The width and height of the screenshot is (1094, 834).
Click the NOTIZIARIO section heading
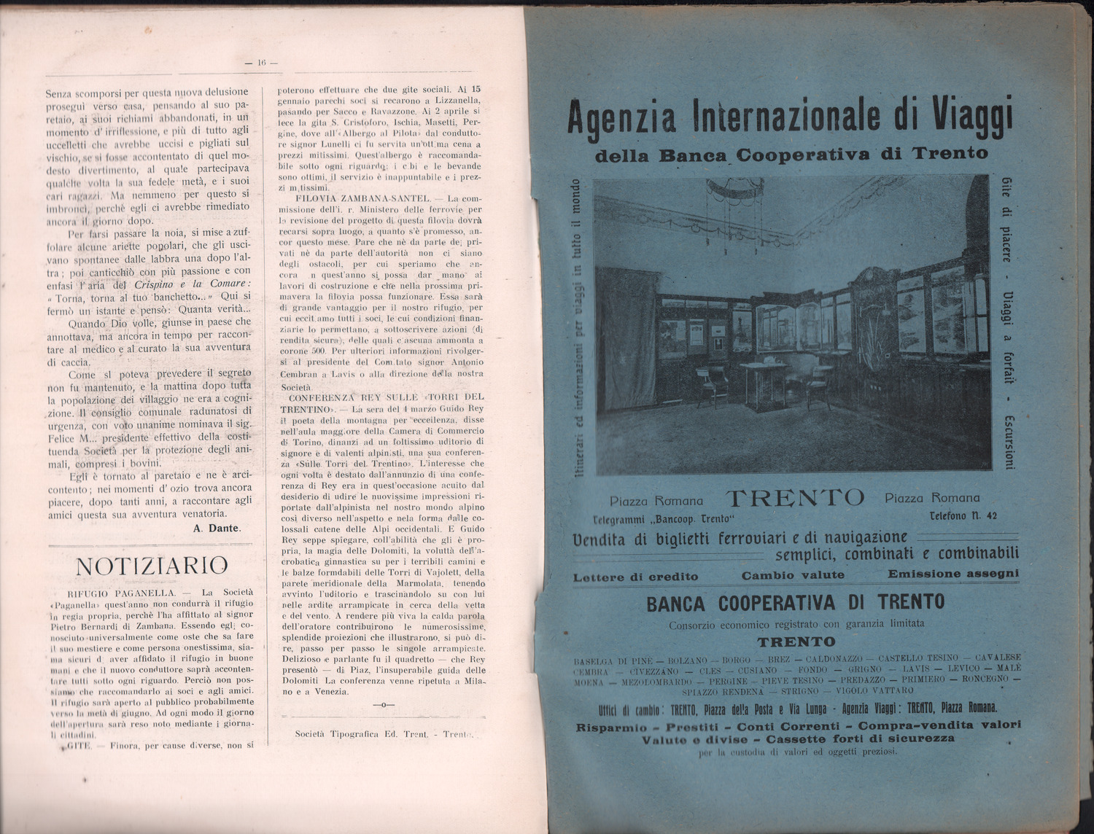point(152,566)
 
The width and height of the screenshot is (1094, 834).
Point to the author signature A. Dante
point(217,528)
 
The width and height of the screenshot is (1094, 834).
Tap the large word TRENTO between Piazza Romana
point(794,498)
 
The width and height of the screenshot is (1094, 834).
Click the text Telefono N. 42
point(963,516)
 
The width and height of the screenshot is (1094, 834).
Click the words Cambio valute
point(793,574)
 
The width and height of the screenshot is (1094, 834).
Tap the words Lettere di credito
point(635,577)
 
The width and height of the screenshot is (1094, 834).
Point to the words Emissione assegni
point(953,574)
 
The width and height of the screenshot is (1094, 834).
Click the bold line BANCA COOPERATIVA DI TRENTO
point(795,603)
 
